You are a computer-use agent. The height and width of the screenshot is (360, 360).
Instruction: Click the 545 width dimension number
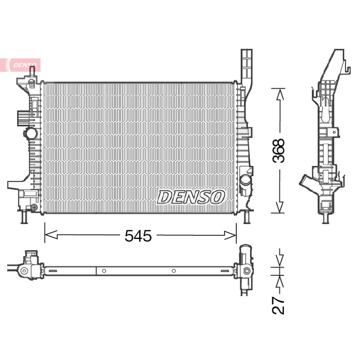[138, 235]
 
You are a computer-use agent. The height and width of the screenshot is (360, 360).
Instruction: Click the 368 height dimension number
[279, 151]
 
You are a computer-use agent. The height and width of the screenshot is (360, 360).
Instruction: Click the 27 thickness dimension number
[279, 306]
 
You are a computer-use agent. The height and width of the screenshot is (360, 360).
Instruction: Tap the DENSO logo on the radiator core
[190, 197]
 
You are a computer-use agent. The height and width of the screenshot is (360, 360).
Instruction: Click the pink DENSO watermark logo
[24, 65]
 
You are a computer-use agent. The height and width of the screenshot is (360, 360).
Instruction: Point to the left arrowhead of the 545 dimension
[51, 235]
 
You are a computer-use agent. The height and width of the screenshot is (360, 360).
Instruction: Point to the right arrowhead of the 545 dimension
[230, 235]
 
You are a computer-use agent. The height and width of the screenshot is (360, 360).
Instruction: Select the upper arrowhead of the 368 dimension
[279, 94]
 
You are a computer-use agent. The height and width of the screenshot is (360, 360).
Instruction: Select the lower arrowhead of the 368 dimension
[279, 207]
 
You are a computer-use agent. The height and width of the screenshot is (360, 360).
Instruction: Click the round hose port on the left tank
[31, 133]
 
